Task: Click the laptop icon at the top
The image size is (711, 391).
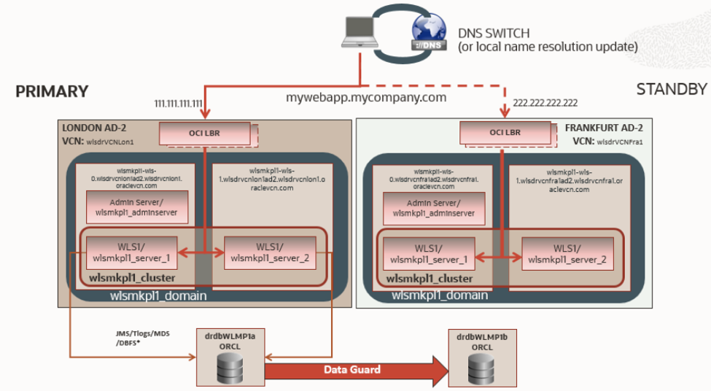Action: pos(363,31)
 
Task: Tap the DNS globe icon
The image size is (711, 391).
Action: pos(430,32)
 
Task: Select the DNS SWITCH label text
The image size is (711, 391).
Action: pos(494,33)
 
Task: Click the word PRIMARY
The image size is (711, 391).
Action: pos(52,92)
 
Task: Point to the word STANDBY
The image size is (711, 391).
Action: pos(672,90)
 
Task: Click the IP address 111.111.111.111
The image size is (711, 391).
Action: pos(178,104)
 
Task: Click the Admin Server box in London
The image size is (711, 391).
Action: pos(137,207)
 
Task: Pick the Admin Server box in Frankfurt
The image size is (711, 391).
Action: pos(434,207)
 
